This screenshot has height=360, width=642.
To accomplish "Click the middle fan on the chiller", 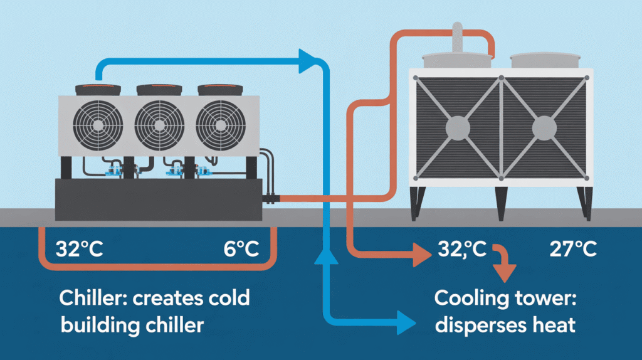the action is [159, 125].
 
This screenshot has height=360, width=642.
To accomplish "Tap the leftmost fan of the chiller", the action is [98, 125].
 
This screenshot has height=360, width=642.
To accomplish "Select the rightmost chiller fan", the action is [221, 125].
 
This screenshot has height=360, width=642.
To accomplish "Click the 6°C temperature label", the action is [241, 249].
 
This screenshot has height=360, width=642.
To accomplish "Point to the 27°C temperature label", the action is [573, 249].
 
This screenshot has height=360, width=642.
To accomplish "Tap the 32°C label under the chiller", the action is [80, 249].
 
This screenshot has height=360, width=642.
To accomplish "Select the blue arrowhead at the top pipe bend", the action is [308, 61].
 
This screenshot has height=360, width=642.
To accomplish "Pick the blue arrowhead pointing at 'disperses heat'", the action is [406, 323].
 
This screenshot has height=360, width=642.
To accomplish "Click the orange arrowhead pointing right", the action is [422, 255].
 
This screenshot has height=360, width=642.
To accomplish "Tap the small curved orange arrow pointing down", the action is [503, 262].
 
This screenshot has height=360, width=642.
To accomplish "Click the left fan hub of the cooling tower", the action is [458, 128].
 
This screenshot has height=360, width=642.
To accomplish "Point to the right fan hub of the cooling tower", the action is [544, 128].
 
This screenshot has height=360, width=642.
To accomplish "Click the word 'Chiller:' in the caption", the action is [93, 298].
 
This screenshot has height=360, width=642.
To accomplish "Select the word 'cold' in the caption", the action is [229, 298].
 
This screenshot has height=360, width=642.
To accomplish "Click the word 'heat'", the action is [554, 325].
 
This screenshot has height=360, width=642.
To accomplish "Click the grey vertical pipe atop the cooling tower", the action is [457, 38].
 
